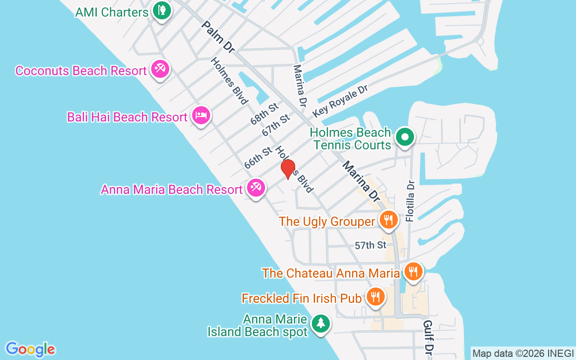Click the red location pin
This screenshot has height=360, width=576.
tap(288, 169)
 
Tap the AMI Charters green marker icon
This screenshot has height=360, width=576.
tap(161, 10)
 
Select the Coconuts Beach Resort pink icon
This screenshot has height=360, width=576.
tap(160, 69)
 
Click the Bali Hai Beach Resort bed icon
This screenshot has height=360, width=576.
tap(201, 116)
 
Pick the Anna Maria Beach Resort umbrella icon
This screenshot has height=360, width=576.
tap(256, 188)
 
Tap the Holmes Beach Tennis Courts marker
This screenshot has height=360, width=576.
tap(405, 137)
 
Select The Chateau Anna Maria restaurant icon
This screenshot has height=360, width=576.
tap(413, 271)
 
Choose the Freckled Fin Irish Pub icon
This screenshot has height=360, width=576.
tap(375, 297)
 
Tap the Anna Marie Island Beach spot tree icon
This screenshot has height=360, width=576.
tap(320, 323)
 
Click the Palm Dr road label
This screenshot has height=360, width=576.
tap(218, 37)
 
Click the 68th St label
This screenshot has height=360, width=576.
tap(265, 113)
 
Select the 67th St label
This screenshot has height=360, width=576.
tap(276, 126)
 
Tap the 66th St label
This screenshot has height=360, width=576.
tap(258, 157)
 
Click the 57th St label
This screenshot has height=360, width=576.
tap(370, 245)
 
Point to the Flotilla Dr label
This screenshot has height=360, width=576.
tap(410, 201)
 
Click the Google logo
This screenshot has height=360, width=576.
tap(30, 349)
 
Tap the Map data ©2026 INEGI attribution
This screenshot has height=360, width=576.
tap(523, 353)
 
